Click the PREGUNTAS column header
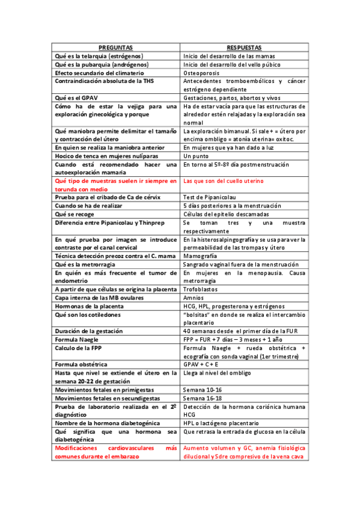[x=116, y=47]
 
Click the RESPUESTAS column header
[x=245, y=47]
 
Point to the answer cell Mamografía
[x=201, y=256]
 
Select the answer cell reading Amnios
[x=194, y=298]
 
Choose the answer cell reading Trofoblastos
[x=201, y=289]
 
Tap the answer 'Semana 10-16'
[x=203, y=389]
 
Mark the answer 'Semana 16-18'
[x=203, y=398]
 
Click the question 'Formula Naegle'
[x=78, y=340]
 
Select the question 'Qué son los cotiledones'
[x=88, y=315]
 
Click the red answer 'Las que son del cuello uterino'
[x=223, y=180]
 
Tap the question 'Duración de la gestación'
[x=89, y=331]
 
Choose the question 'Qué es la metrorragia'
[x=85, y=264]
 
